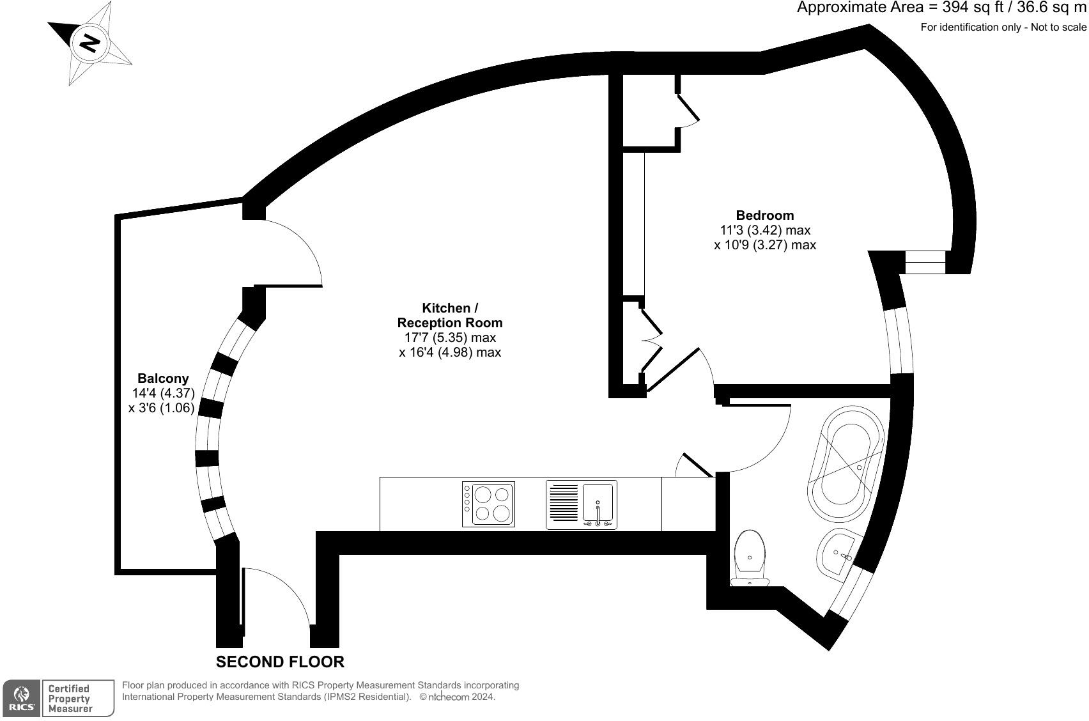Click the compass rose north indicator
(x=89, y=43)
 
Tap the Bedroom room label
(x=764, y=215)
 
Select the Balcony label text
(x=163, y=378)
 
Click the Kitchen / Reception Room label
(x=450, y=315)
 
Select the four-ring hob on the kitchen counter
(x=488, y=504)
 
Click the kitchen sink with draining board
(x=581, y=504)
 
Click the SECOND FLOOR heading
(x=280, y=662)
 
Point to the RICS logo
(x=22, y=698)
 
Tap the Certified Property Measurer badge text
(x=70, y=698)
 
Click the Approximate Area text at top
(x=942, y=8)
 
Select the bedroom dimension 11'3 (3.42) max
(x=765, y=230)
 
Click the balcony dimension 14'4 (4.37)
(x=163, y=393)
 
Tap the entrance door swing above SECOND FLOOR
(x=278, y=594)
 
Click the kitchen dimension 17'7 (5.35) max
(x=450, y=337)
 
